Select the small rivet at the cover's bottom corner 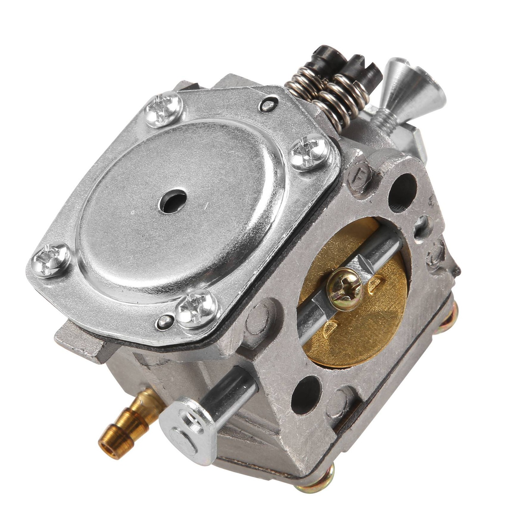pos(164,321)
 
